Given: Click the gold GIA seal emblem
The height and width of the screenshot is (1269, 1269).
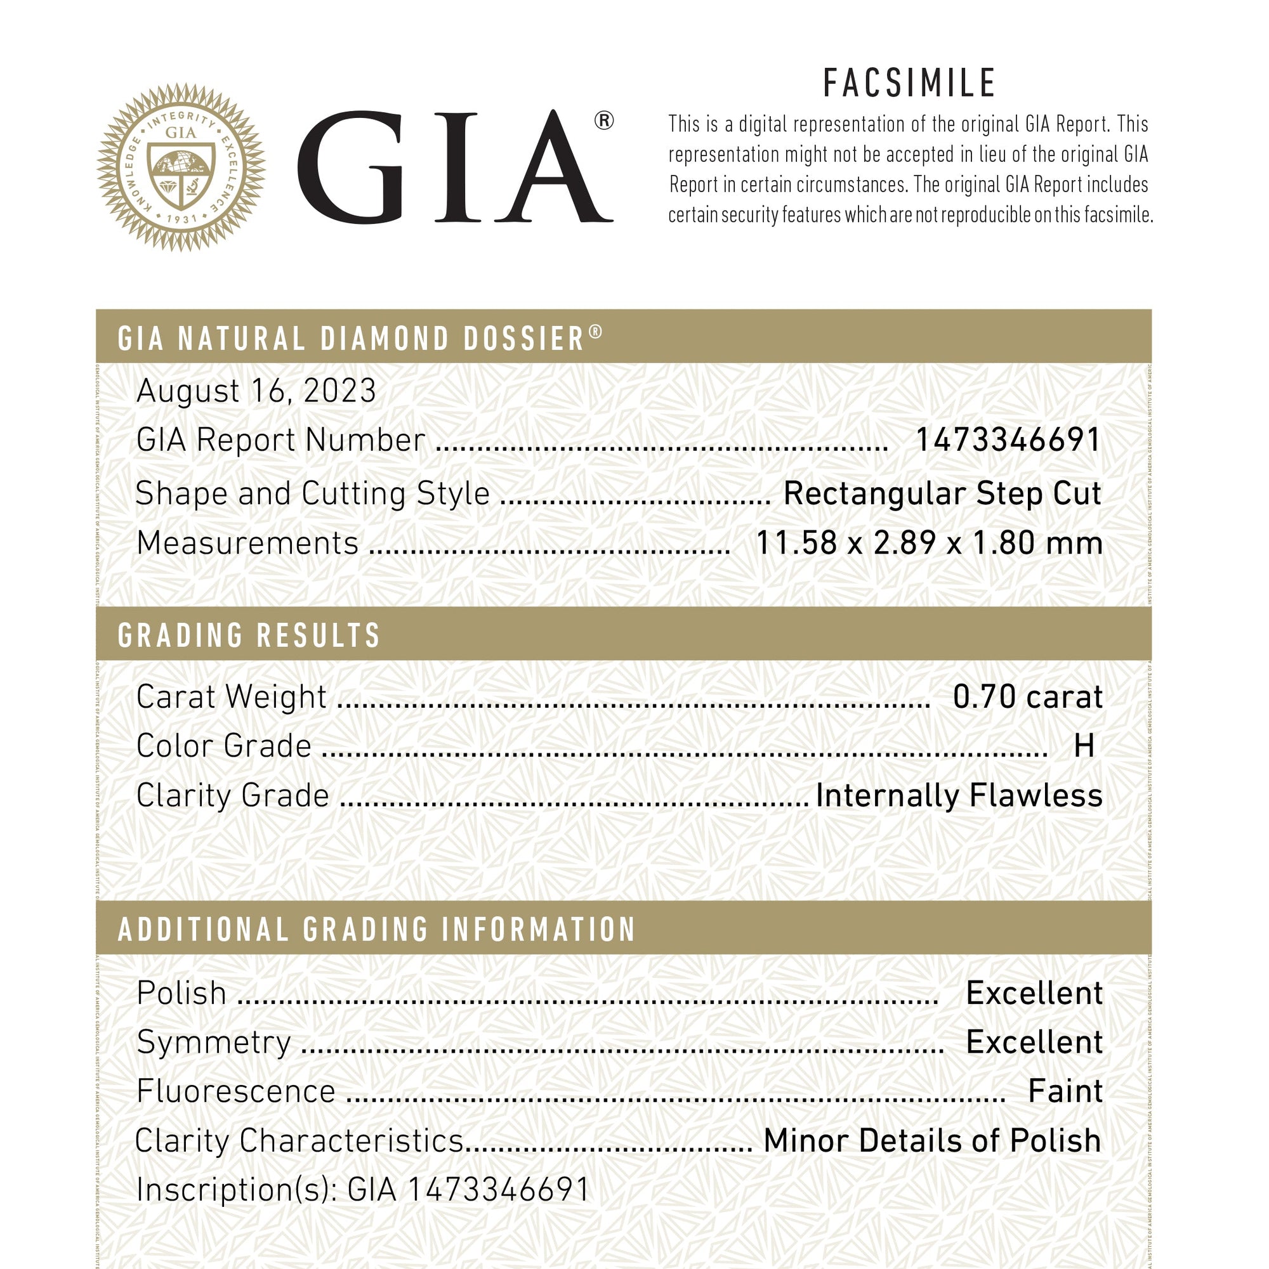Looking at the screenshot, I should pyautogui.click(x=181, y=167).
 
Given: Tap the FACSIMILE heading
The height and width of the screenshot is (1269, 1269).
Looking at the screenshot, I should pyautogui.click(x=909, y=84).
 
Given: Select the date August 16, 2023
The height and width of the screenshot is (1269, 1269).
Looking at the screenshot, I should pyautogui.click(x=256, y=391).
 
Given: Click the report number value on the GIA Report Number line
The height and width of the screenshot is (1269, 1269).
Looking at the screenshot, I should pyautogui.click(x=1008, y=440).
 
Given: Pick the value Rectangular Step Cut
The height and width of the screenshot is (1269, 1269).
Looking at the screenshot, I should pyautogui.click(x=942, y=494).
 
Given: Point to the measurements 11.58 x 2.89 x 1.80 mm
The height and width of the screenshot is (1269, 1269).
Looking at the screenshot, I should pyautogui.click(x=928, y=543).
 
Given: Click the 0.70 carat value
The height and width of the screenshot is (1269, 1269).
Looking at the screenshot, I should pyautogui.click(x=1027, y=697).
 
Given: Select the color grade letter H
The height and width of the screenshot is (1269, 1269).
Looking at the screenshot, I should pyautogui.click(x=1084, y=746).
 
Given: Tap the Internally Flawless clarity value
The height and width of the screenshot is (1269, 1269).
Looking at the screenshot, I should pyautogui.click(x=959, y=795).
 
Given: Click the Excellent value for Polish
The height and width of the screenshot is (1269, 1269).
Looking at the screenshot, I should pyautogui.click(x=1034, y=993).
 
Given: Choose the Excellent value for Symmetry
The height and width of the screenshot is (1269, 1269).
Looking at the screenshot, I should pyautogui.click(x=1034, y=1043).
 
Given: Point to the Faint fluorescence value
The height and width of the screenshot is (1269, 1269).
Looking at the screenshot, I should pyautogui.click(x=1065, y=1091).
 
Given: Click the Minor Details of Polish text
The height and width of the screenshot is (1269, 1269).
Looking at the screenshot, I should pyautogui.click(x=932, y=1141).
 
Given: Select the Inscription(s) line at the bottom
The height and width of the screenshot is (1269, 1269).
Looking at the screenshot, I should pyautogui.click(x=363, y=1190).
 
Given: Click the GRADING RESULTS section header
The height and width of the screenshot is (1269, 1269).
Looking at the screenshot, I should pyautogui.click(x=249, y=635).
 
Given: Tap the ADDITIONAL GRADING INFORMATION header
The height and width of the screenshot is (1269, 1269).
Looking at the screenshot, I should pyautogui.click(x=376, y=930).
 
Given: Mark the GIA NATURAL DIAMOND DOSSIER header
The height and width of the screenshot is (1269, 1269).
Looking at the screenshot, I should pyautogui.click(x=360, y=338).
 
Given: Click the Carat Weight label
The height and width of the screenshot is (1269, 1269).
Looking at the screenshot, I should pyautogui.click(x=232, y=697).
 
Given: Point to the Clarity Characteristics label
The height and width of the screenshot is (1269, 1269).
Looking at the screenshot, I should pyautogui.click(x=299, y=1141).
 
